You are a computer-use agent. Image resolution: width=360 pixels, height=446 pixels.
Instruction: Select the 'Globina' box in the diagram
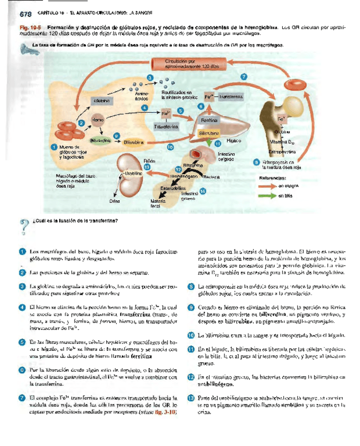coord(102,100)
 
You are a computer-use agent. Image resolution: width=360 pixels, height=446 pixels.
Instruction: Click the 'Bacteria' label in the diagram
coord(210,176)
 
